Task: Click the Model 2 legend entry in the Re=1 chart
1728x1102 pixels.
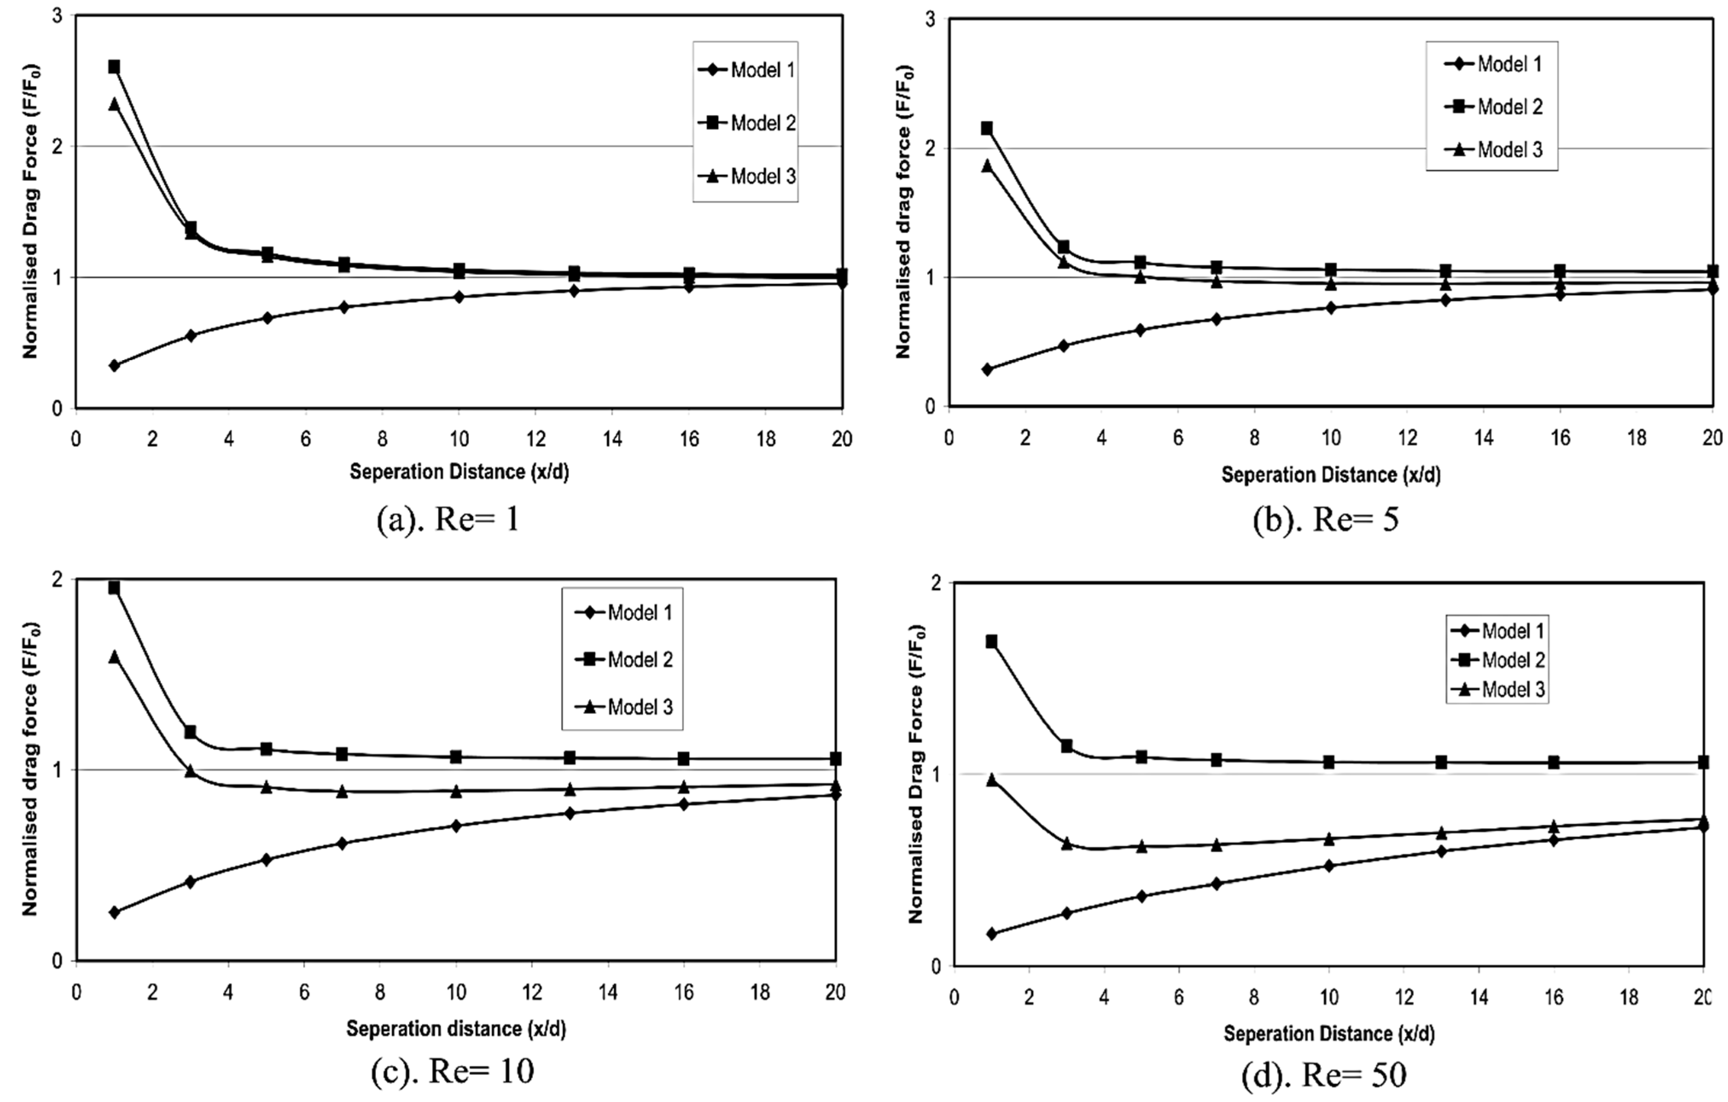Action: [746, 123]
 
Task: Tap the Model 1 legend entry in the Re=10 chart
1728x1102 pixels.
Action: [624, 612]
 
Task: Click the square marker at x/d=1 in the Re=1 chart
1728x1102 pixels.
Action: [113, 67]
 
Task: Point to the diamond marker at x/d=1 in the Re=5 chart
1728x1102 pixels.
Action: [987, 369]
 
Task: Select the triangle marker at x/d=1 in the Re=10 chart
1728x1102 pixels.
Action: [113, 656]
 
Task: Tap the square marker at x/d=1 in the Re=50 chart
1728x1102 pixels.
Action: [991, 641]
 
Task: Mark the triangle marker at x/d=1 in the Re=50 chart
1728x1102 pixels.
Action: [991, 780]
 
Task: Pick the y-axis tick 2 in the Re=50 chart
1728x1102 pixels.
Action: [935, 583]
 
